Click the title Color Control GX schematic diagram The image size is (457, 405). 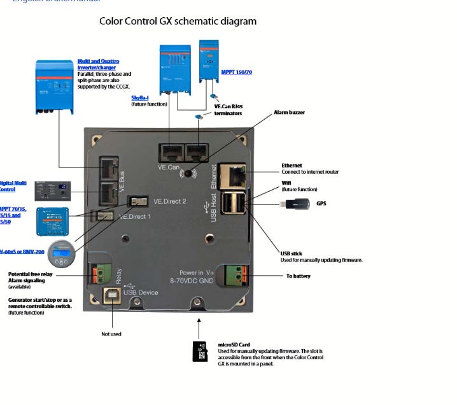(178, 21)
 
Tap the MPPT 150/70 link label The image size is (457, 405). (236, 73)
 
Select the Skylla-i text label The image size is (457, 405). (141, 97)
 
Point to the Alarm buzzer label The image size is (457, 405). (289, 113)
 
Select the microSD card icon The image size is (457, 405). (200, 351)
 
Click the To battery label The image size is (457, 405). (299, 276)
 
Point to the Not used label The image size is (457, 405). (111, 334)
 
